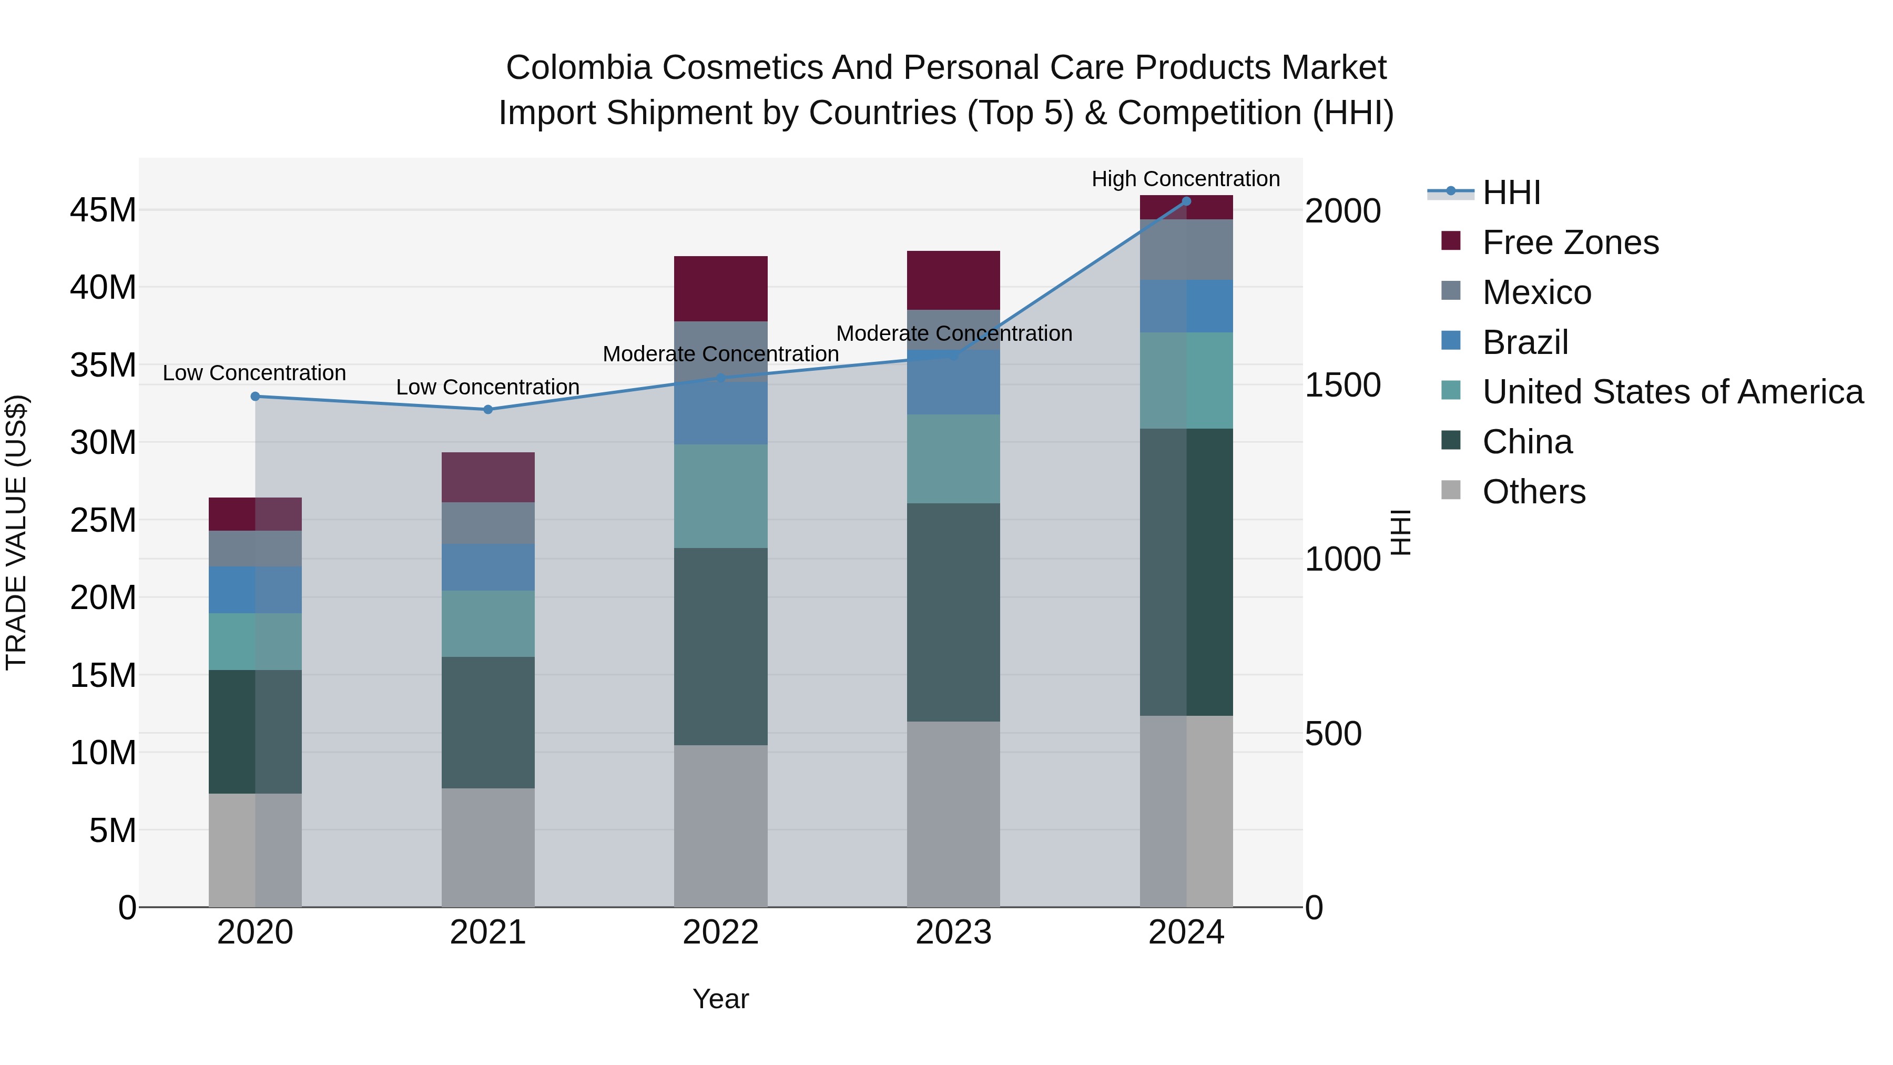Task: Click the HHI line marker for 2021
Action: (488, 409)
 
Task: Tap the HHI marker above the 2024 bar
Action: (1186, 201)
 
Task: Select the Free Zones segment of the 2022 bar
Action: (720, 289)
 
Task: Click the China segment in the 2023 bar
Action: (953, 612)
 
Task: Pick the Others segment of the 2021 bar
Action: (488, 847)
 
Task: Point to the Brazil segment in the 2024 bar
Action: (1186, 306)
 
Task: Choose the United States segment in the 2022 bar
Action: (720, 496)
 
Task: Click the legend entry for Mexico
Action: (1536, 292)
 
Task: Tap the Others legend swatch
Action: (1451, 490)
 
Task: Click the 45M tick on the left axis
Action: (103, 211)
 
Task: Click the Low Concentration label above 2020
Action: (255, 373)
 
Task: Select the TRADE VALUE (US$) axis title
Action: (16, 532)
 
